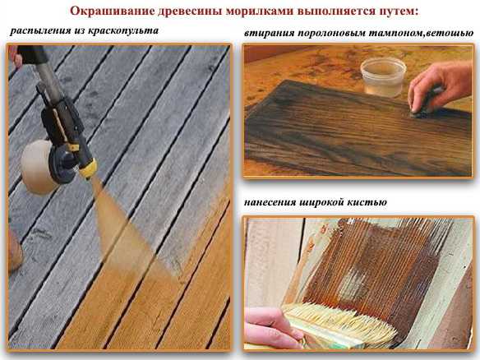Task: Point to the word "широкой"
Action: click(325, 202)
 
